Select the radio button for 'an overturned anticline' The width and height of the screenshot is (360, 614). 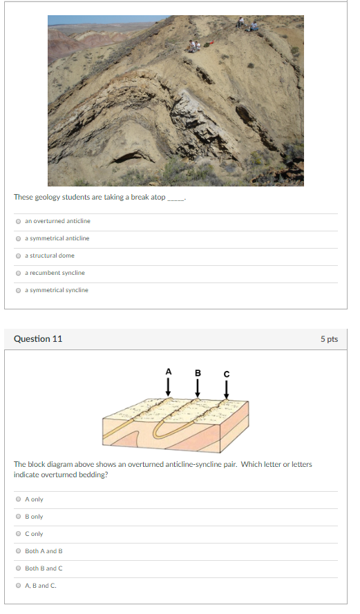coord(18,221)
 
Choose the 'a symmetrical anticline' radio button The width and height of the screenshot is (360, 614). coord(18,238)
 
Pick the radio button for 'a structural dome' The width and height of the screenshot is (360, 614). coord(18,256)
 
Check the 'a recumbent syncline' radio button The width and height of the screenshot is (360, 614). coord(18,273)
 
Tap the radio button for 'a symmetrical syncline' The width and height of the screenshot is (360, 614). coord(18,290)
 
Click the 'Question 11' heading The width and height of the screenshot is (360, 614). coord(38,339)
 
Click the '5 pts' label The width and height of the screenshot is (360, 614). coord(330,339)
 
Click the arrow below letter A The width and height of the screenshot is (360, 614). coord(168,387)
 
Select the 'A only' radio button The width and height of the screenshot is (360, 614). coord(18,499)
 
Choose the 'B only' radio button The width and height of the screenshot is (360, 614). coord(18,517)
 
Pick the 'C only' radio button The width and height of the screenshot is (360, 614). coord(18,534)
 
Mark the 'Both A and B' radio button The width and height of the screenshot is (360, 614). coord(18,551)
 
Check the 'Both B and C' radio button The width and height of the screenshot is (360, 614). coord(18,568)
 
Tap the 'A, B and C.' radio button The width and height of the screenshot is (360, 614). coord(18,586)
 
